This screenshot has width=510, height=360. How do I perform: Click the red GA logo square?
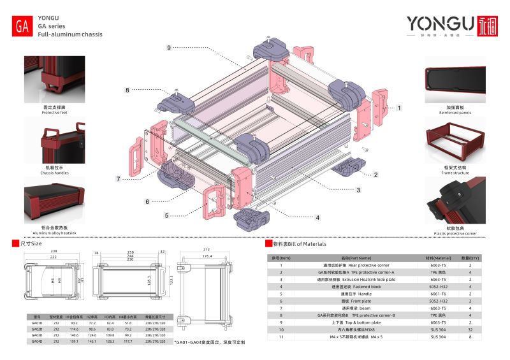22,27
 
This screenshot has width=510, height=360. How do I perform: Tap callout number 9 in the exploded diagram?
169,48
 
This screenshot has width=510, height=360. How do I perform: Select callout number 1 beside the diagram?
400,108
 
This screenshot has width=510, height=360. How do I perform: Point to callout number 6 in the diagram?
147,201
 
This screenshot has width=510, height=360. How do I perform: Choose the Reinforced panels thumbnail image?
455,79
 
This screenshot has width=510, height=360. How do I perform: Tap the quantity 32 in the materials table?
470,329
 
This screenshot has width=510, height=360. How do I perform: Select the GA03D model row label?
37,335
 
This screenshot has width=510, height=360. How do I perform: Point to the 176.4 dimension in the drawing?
207,257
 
